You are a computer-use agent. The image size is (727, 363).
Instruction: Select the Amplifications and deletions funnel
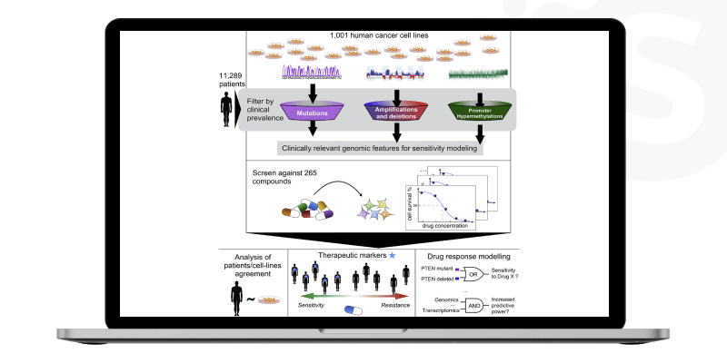tap(393, 112)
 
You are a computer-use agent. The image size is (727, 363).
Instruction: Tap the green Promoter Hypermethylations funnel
tap(475, 112)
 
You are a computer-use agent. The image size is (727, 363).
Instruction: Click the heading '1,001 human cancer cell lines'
tap(383, 35)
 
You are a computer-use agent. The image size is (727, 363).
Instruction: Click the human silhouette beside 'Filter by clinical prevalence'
tap(226, 111)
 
